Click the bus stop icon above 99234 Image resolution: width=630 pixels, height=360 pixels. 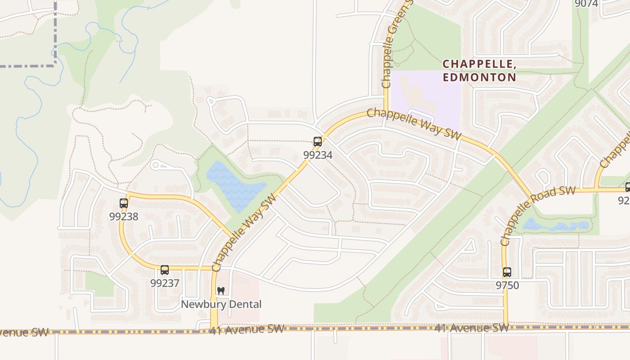(x=318, y=142)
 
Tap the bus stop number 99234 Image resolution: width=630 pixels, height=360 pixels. (x=318, y=155)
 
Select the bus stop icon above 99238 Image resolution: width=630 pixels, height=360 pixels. (x=124, y=203)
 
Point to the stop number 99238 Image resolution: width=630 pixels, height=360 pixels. (x=124, y=216)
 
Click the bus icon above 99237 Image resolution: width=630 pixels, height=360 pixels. (x=165, y=270)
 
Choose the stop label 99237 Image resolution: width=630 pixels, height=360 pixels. (x=165, y=283)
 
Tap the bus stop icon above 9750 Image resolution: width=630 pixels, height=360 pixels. (x=507, y=272)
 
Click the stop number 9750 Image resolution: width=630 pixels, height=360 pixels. (x=507, y=285)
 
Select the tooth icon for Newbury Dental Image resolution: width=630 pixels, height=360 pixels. (x=220, y=291)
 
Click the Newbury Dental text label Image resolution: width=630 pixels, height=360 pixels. (x=221, y=305)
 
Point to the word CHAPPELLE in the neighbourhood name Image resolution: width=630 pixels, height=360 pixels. (x=479, y=64)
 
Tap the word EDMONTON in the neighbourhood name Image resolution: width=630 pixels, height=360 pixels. (x=479, y=77)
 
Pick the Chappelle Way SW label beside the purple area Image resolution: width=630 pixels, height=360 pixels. (x=414, y=124)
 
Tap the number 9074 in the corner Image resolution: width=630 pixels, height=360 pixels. (x=586, y=4)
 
